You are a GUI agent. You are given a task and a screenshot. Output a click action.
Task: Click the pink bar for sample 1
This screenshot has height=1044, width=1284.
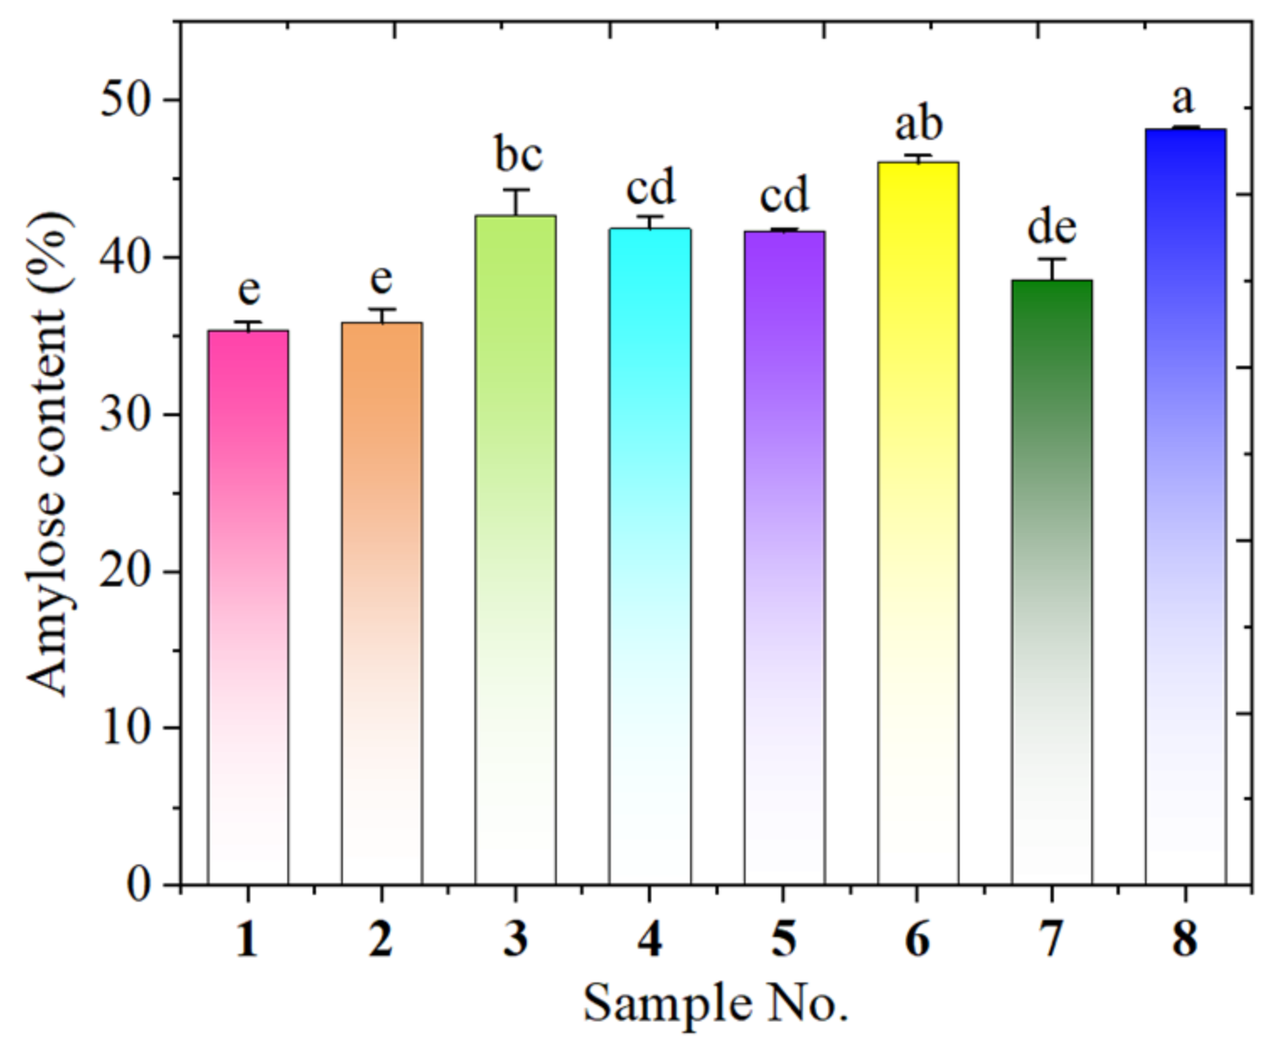pyautogui.click(x=248, y=607)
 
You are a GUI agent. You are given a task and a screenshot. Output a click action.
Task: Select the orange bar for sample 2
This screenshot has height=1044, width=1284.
pyautogui.click(x=382, y=602)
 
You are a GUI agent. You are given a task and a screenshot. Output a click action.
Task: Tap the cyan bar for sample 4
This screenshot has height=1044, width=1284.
pyautogui.click(x=650, y=556)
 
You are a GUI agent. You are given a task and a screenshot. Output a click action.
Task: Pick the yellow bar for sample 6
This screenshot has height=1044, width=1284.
pyautogui.click(x=918, y=522)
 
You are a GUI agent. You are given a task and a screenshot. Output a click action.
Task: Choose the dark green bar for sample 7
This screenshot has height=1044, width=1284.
pyautogui.click(x=1051, y=581)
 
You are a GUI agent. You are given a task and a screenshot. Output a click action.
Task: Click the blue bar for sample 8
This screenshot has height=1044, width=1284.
pyautogui.click(x=1185, y=506)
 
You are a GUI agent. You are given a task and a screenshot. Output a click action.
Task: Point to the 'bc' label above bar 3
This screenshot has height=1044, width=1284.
pyautogui.click(x=518, y=155)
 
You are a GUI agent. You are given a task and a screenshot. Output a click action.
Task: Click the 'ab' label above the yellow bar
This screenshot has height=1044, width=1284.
pyautogui.click(x=918, y=124)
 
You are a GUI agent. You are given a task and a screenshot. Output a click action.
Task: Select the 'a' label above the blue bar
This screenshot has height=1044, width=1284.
pyautogui.click(x=1183, y=99)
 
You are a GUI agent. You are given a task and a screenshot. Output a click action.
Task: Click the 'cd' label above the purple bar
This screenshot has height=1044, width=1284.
pyautogui.click(x=784, y=195)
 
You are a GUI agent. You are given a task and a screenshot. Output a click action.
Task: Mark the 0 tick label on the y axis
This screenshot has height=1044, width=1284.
pyautogui.click(x=140, y=885)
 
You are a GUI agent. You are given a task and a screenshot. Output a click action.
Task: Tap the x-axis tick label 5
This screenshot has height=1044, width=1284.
pyautogui.click(x=784, y=938)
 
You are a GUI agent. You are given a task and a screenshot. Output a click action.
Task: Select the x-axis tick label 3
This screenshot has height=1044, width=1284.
pyautogui.click(x=516, y=938)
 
